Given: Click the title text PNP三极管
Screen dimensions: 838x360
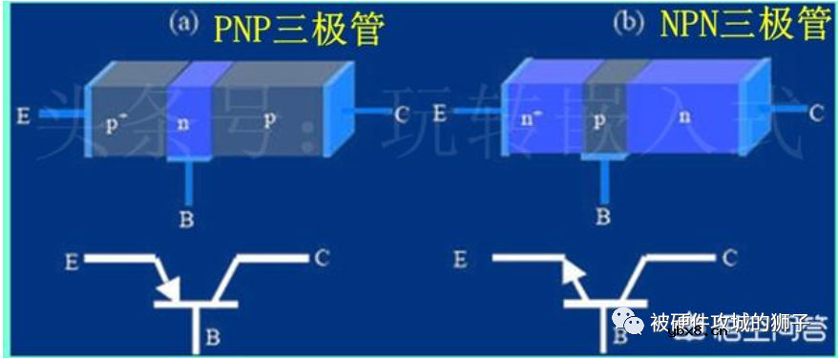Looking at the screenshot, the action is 300,29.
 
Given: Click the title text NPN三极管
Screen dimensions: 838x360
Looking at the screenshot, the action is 744,25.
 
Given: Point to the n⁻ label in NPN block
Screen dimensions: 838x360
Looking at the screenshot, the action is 531,120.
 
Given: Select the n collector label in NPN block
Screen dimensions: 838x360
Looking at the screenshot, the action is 682,116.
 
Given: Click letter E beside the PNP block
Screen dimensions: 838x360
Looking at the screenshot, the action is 22,116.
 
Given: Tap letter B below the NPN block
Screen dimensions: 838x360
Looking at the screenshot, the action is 603,217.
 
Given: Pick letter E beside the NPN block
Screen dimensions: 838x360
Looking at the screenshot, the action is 439,114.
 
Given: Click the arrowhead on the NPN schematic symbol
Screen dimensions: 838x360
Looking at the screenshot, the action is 569,274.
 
